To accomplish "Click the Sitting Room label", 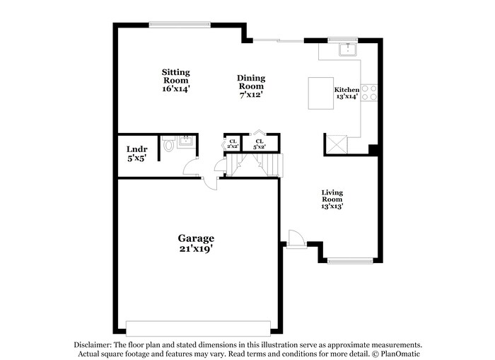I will tap(175, 76).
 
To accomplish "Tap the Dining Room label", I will tap(251, 82).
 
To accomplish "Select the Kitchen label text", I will tap(346, 90).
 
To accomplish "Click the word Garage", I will tap(196, 238).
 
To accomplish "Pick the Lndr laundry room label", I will tap(136, 149).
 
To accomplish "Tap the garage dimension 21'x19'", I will tap(196, 249).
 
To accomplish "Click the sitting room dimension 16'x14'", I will tap(176, 89).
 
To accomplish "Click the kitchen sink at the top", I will tap(347, 49).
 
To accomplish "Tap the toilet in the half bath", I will tap(168, 146).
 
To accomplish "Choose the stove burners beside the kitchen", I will tap(369, 93).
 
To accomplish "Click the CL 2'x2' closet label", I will tap(233, 144).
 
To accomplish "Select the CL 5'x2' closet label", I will tap(260, 144).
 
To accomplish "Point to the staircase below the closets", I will tap(255, 166).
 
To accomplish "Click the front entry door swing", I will tap(296, 238).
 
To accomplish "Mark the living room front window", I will tap(350, 261).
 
